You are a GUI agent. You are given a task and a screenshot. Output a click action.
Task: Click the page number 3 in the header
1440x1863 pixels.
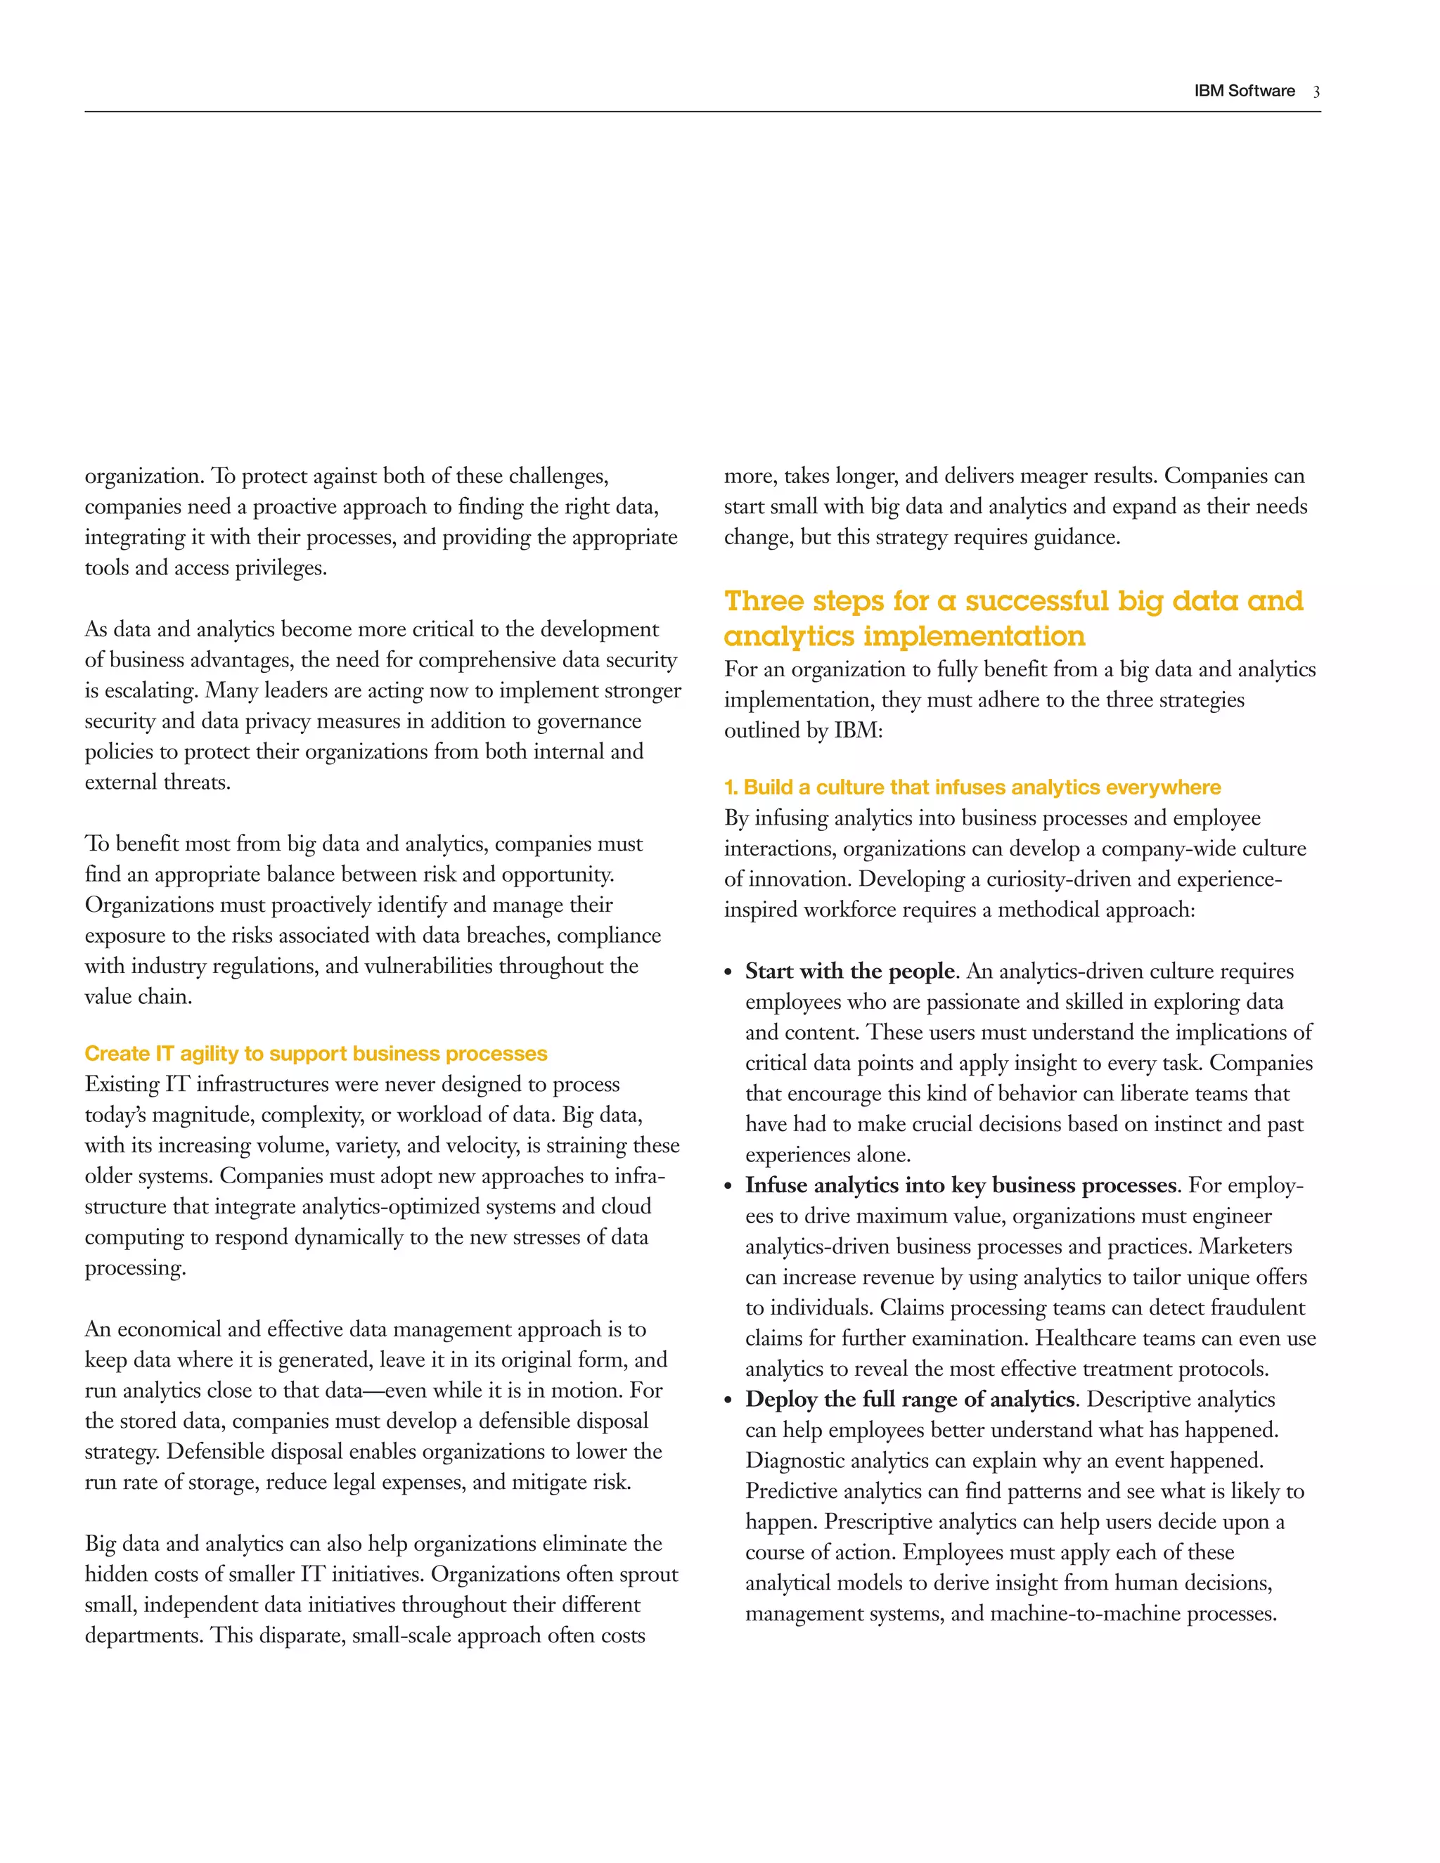click(x=1316, y=92)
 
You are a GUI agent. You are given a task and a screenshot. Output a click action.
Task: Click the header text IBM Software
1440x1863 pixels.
click(x=1244, y=91)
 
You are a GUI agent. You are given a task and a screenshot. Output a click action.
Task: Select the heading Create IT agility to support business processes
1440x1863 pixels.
click(x=316, y=1054)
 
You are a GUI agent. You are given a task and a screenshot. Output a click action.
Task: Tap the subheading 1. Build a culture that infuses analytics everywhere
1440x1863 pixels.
click(x=972, y=787)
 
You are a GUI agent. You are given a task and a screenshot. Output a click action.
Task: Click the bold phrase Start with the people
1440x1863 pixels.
click(x=849, y=972)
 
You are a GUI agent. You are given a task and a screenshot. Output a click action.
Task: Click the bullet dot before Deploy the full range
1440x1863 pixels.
click(x=728, y=1402)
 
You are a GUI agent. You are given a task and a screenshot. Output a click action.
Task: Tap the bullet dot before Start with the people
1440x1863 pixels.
click(x=728, y=973)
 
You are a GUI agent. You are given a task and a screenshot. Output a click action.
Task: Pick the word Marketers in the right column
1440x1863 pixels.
click(x=1245, y=1247)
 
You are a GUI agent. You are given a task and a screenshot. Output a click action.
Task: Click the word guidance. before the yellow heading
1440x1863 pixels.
click(x=1076, y=537)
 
